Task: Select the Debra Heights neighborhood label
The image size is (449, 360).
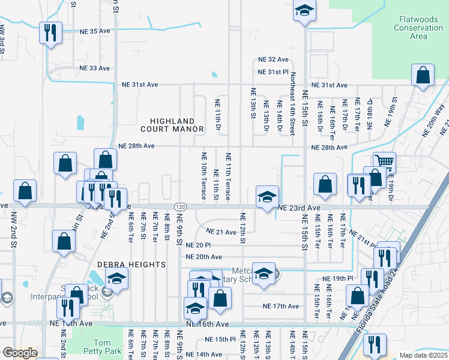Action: [x=132, y=265]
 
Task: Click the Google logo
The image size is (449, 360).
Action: [x=20, y=353]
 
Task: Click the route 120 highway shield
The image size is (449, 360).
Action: [x=180, y=206]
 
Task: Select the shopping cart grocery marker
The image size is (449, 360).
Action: [x=384, y=161]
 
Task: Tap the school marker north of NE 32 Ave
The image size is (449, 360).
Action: [x=305, y=11]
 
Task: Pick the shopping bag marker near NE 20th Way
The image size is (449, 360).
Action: [x=423, y=76]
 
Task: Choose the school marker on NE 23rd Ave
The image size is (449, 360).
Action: [x=267, y=196]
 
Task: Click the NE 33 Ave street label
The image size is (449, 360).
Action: [x=95, y=68]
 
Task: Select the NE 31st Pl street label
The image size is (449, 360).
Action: [x=273, y=72]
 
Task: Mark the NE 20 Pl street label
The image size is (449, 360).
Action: [x=198, y=245]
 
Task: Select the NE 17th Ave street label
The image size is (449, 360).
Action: [x=280, y=306]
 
